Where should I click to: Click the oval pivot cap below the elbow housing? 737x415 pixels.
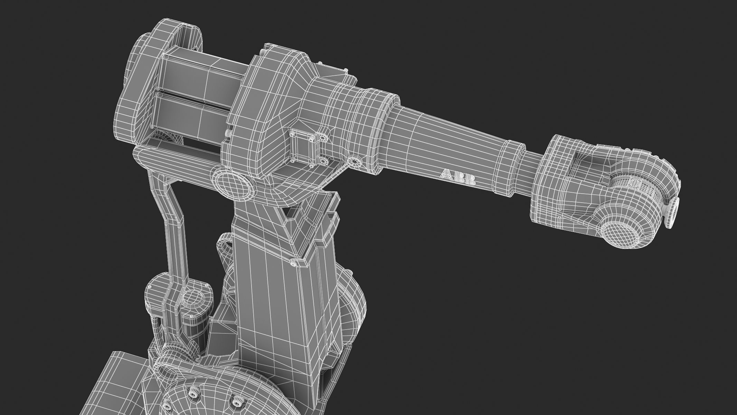point(233,187)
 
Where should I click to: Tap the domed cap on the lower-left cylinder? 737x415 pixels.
point(192,297)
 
